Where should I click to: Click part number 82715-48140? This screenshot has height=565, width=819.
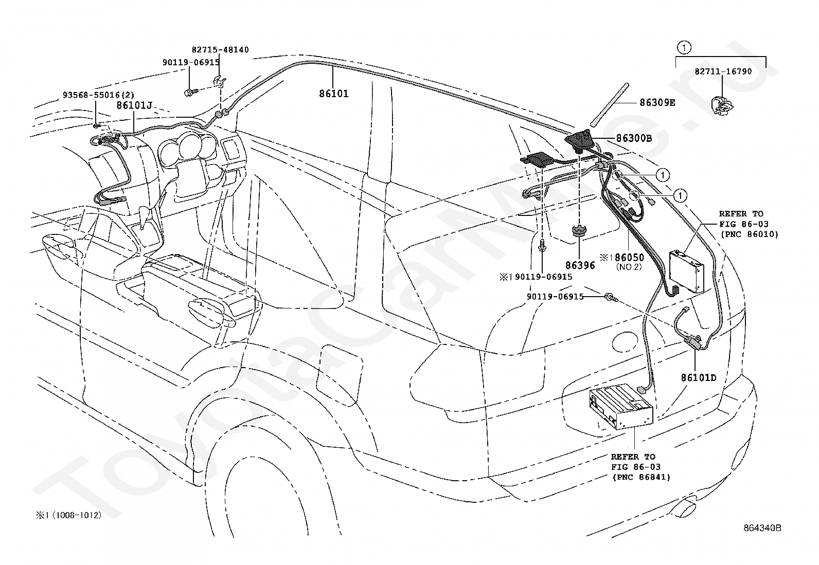220,50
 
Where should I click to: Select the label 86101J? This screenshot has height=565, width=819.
134,105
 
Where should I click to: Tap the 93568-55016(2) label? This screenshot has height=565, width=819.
98,95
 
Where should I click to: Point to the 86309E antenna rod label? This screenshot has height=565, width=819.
657,103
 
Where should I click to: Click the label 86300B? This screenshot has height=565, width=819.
634,138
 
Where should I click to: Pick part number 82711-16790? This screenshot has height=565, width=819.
723,71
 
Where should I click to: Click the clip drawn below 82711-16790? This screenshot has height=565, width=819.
721,105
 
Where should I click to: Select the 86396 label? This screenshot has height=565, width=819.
580,265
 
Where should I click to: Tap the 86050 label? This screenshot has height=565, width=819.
629,257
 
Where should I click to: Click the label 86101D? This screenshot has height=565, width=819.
698,377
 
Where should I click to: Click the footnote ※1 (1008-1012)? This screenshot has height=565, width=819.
69,515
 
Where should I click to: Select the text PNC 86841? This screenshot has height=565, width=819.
642,477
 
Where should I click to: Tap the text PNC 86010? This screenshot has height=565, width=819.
750,234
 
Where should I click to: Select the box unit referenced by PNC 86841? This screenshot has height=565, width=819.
620,406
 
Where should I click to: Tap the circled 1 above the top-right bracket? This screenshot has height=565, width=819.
684,47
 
